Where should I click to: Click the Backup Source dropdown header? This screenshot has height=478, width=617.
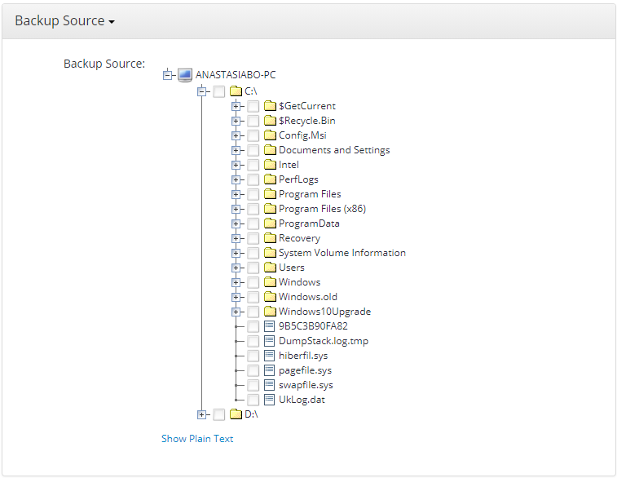pos(64,21)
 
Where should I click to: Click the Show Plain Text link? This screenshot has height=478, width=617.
pos(197,439)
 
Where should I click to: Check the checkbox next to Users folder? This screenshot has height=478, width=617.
pos(253,268)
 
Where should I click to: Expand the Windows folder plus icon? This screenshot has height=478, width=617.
pos(236,282)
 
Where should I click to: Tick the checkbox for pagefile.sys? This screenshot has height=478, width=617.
pos(253,370)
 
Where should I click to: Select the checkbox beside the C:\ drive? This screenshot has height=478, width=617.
pos(219,91)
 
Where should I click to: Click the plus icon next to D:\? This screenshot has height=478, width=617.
pos(202,414)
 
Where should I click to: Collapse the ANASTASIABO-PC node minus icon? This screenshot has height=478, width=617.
pos(168,75)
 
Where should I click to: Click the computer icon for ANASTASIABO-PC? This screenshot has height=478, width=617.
pos(185,75)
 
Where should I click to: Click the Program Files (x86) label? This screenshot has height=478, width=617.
pos(322,209)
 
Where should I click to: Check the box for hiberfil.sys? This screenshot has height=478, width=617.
pos(253,356)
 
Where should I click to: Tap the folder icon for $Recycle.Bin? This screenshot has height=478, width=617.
pos(271,121)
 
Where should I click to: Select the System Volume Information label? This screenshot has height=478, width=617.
pos(342,253)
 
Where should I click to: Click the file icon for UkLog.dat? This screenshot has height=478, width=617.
pos(271,400)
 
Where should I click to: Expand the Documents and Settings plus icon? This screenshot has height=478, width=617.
pos(236,150)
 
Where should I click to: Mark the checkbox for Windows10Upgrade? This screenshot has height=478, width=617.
pos(253,312)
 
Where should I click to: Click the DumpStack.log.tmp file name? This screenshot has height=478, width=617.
pos(323,341)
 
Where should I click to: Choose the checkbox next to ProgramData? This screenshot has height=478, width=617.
pos(253,224)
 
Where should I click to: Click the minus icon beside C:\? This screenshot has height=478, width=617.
pos(202,91)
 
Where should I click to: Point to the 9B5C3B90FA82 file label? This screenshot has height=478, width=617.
pos(313,326)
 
